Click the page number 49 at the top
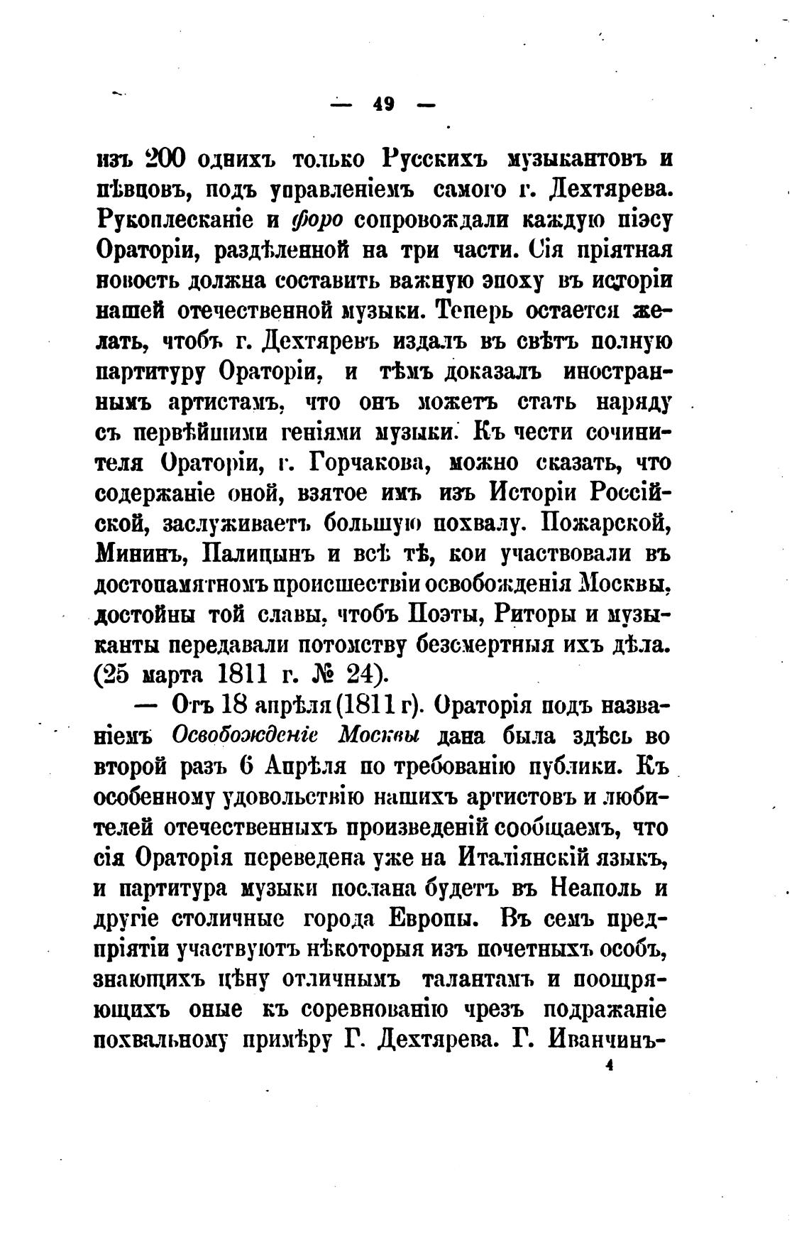(x=383, y=104)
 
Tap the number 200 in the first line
(x=165, y=158)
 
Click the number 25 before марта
(x=114, y=675)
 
